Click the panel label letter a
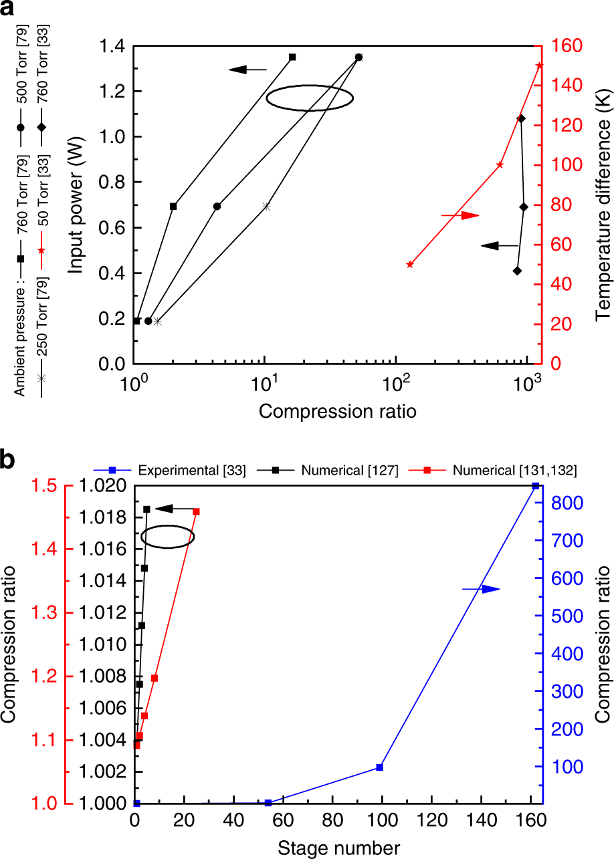15,11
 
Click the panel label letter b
15,461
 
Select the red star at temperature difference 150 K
540,65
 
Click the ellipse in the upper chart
310,98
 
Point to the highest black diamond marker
521,118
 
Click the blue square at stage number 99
379,767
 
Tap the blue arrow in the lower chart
482,589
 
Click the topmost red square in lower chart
196,511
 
